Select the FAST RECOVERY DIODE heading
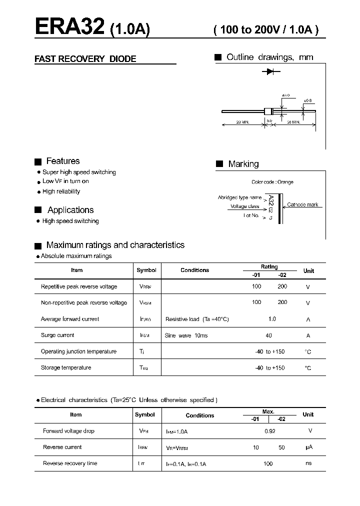click(x=85, y=59)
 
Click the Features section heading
click(x=62, y=161)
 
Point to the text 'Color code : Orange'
click(x=272, y=182)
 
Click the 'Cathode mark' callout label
click(x=302, y=205)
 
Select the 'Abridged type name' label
click(x=239, y=197)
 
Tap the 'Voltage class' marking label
click(x=244, y=206)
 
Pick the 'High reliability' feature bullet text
click(x=61, y=191)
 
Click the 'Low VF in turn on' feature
click(x=65, y=181)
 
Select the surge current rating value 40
click(x=269, y=335)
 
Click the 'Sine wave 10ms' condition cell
click(x=186, y=335)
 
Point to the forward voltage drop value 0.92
click(x=269, y=431)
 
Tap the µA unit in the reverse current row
click(x=308, y=447)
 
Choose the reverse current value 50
click(x=281, y=447)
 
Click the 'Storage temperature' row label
click(x=66, y=368)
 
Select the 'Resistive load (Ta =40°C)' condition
click(x=196, y=319)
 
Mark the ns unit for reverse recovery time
click(x=308, y=463)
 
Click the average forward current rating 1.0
click(x=272, y=319)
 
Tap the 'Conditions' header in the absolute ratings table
click(x=194, y=270)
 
